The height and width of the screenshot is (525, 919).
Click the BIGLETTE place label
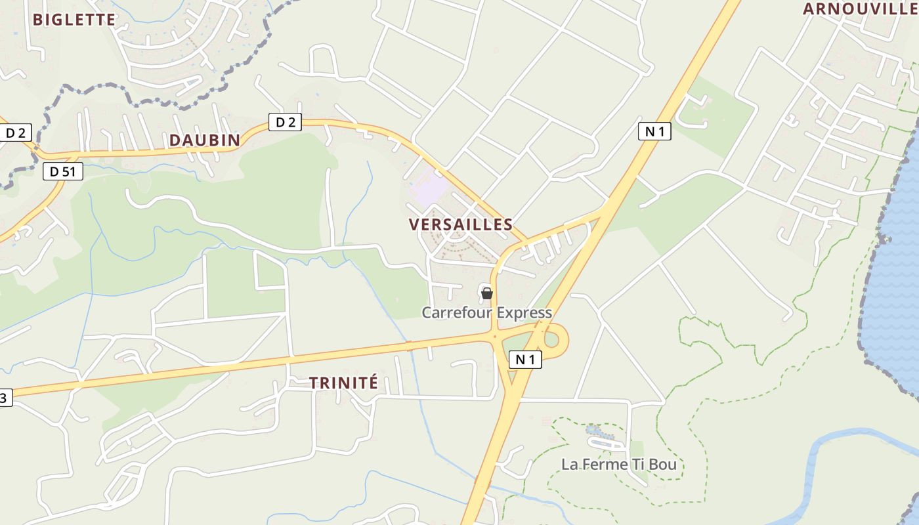point(74,20)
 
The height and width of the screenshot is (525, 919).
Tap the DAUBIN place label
point(205,140)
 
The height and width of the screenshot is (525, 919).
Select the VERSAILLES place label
point(460,224)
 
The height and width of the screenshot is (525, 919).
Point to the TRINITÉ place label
point(343,383)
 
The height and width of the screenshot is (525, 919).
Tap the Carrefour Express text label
point(486,312)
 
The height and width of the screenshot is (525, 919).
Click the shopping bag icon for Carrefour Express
point(487,293)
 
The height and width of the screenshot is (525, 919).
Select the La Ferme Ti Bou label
point(618,465)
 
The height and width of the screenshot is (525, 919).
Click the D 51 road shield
point(62,171)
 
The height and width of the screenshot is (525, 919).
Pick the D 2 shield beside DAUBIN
point(285,122)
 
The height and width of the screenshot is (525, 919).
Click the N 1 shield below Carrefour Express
point(525,359)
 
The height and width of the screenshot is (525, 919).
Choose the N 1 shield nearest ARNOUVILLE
point(654,131)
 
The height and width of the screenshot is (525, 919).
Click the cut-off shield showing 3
point(5,397)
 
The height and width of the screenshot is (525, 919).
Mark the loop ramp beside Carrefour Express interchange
point(553,339)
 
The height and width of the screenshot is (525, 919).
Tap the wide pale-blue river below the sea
point(834,453)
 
